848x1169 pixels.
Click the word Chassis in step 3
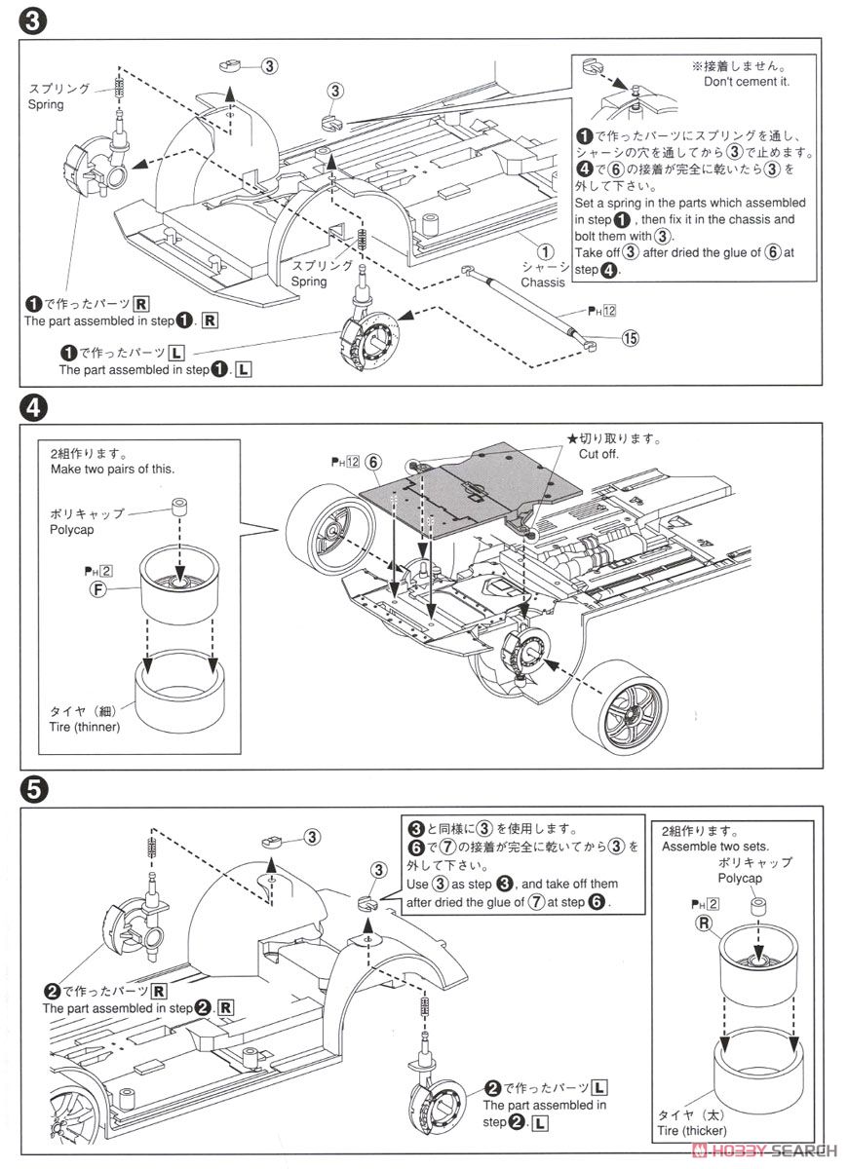click(542, 283)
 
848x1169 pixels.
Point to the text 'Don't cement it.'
click(747, 82)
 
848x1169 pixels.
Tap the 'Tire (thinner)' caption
click(87, 727)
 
